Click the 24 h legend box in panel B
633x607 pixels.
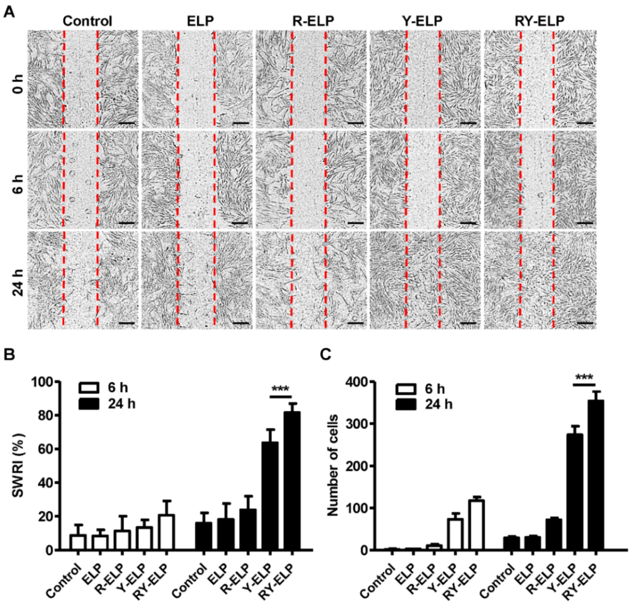88,404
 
